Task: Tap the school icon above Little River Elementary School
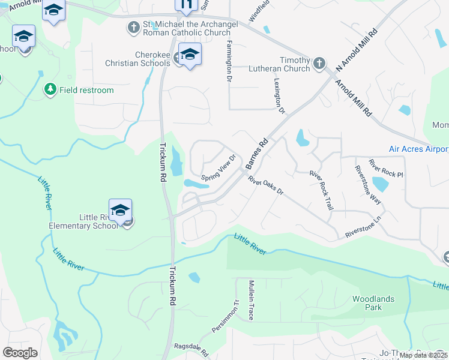pyautogui.click(x=120, y=211)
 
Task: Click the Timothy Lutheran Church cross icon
pyautogui.click(x=319, y=62)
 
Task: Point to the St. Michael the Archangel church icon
pyautogui.click(x=133, y=27)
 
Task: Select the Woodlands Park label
pyautogui.click(x=367, y=303)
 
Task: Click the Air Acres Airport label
pyautogui.click(x=418, y=149)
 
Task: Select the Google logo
pyautogui.click(x=20, y=353)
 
